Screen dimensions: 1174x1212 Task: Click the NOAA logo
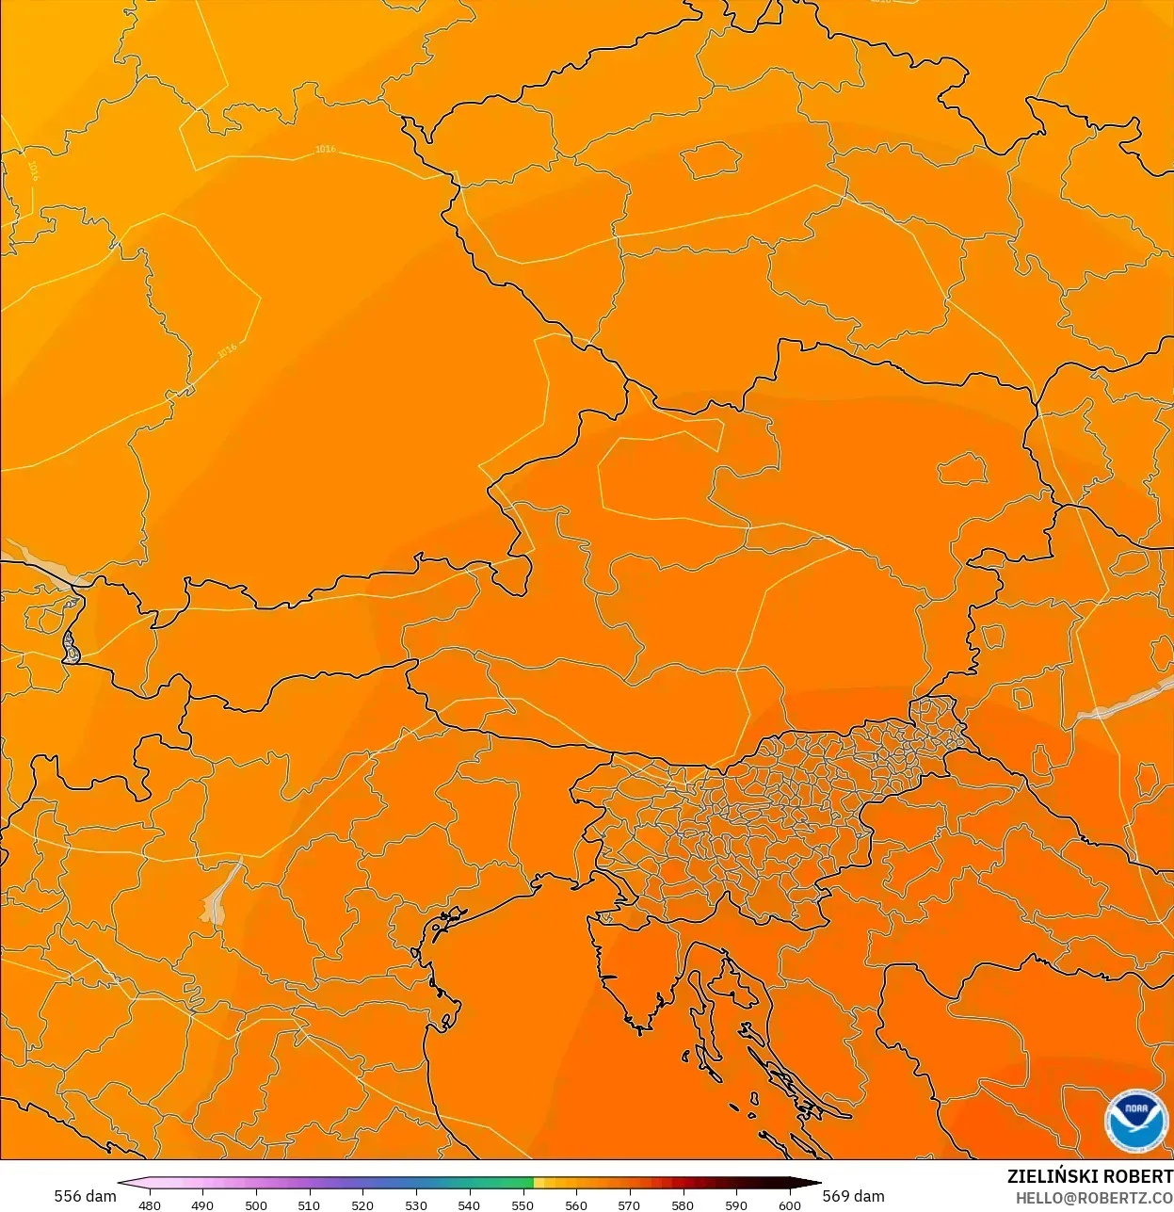pos(1135,1120)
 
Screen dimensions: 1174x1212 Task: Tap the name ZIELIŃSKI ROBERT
pos(1089,1176)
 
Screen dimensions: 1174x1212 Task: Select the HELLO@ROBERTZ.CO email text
pos(1094,1198)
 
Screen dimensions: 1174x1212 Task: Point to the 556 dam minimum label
pos(85,1196)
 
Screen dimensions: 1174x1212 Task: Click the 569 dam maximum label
pos(853,1196)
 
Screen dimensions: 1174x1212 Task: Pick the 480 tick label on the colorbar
pos(150,1204)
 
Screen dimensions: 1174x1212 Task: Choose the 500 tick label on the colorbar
pos(256,1204)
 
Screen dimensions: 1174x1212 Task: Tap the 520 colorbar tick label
pos(362,1204)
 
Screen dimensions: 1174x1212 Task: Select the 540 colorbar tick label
pos(469,1204)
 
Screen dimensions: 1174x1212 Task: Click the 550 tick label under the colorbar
pos(523,1204)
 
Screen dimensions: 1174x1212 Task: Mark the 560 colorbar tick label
pos(576,1204)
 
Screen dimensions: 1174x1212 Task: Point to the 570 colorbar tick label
pos(629,1204)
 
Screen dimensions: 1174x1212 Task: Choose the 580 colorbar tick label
pos(683,1204)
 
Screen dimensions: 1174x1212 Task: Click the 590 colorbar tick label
pos(736,1204)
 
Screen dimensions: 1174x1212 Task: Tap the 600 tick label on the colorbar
pos(790,1204)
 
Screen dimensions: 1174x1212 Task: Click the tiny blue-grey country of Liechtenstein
pos(70,647)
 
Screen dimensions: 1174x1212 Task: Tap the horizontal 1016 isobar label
pos(325,149)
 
